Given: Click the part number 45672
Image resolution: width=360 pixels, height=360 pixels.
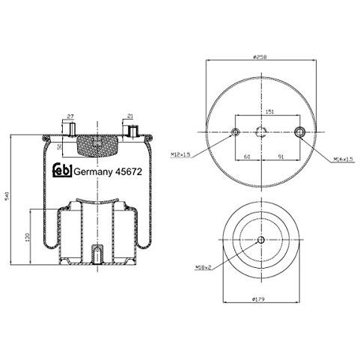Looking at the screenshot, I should pos(120,170).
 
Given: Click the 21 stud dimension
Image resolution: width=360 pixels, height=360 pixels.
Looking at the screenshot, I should pos(130,117).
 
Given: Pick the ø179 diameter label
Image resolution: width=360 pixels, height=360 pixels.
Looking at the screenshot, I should pos(260,299).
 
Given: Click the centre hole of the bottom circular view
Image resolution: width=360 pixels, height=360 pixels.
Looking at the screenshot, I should pos(260,240).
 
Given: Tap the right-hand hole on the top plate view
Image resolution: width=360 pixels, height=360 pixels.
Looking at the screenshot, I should pos(301,132).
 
